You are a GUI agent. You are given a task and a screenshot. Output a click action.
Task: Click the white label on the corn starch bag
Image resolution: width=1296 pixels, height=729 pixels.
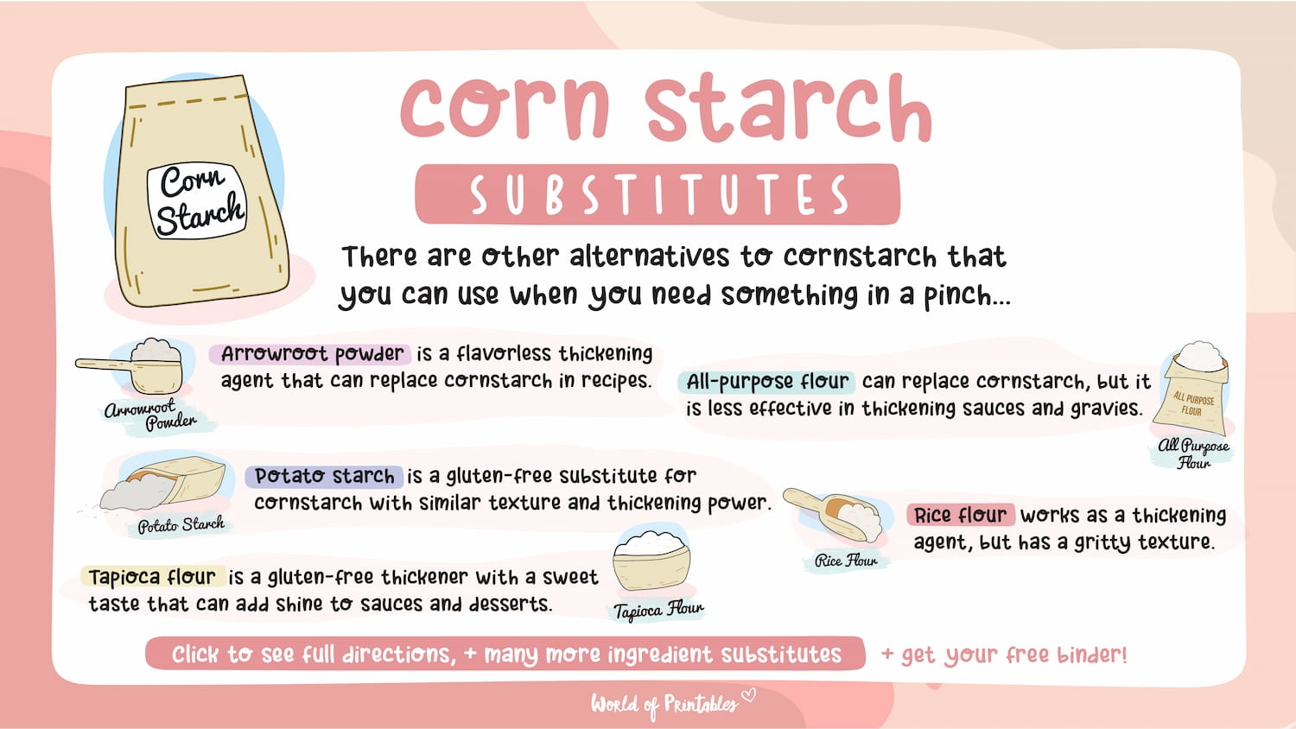[x=200, y=200]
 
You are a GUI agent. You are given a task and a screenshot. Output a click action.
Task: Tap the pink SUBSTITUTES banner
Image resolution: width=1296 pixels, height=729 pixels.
[x=658, y=194]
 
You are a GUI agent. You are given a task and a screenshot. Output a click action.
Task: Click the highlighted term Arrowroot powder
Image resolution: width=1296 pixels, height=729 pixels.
[x=311, y=354]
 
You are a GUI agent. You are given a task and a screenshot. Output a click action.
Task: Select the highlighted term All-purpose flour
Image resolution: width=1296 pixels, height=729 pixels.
[x=767, y=382]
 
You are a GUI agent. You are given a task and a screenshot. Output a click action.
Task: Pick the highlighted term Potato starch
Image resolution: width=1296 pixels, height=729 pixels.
[x=324, y=476]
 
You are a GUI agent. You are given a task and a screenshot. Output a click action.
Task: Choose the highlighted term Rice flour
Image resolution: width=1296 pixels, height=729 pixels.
[x=960, y=516]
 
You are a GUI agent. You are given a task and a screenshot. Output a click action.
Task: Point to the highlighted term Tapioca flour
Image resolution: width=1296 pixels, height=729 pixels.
[x=152, y=577]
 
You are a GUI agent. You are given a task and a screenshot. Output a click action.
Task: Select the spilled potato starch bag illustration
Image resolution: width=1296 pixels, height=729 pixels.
[x=164, y=484]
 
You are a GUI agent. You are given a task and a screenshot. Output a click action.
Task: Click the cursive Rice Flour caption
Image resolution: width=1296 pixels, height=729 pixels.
[x=845, y=561]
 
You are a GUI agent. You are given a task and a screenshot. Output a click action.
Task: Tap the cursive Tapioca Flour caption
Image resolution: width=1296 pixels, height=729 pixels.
[x=658, y=610]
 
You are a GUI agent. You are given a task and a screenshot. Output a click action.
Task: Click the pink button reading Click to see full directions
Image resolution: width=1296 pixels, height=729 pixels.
[x=505, y=654]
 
